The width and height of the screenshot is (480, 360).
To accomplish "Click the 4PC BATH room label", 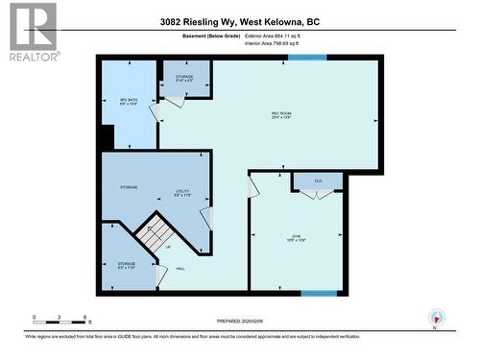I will click(130, 101).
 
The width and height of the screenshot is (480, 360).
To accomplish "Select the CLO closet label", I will click(318, 180).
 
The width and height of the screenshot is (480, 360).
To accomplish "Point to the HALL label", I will click(180, 268).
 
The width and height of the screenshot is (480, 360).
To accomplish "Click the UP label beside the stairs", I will click(169, 247).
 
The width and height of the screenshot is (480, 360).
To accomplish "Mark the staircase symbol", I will click(154, 232).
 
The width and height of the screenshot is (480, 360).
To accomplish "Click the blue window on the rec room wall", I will click(307, 58).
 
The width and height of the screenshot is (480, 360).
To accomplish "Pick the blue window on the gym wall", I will click(319, 293).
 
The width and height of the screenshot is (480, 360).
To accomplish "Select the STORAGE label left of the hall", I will click(127, 264).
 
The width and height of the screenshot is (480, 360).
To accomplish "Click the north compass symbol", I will click(437, 319).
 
